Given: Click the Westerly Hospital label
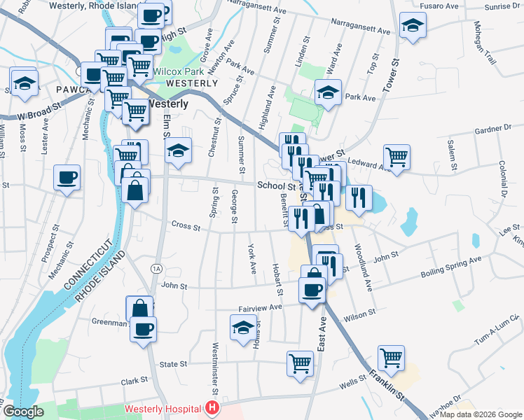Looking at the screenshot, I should [164, 408].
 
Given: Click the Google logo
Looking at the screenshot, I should [23, 412].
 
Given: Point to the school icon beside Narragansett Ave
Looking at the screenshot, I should [413, 27].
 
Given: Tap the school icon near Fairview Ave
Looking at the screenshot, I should [243, 328].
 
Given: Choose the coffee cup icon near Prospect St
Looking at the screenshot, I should [67, 178].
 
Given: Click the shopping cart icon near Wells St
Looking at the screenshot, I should [391, 357].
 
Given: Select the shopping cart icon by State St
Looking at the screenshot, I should [300, 363].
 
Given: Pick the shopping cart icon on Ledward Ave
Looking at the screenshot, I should [397, 157].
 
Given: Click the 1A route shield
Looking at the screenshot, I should [156, 269].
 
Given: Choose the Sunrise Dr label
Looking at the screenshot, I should [503, 6].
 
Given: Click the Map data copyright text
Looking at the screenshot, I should [481, 414].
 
